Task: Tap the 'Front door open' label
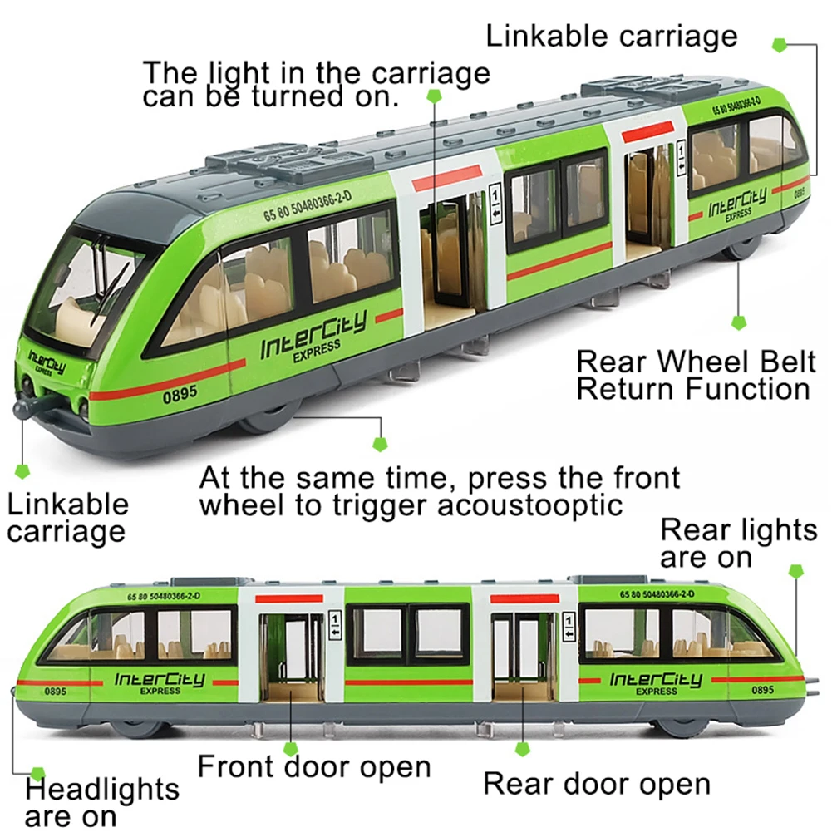[313, 766]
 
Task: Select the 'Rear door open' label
[597, 783]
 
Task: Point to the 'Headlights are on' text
[90, 802]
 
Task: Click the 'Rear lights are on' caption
[739, 543]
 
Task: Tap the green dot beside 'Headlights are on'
[37, 774]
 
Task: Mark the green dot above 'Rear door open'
[522, 749]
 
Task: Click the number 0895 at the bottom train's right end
[762, 689]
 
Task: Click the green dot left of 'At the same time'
[380, 445]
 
